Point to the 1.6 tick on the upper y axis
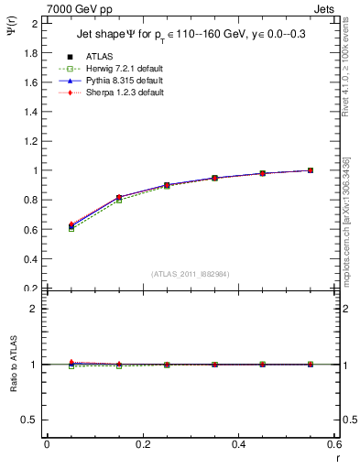34,82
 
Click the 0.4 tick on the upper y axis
34,259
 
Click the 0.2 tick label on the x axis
142,445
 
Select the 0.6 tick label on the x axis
333,445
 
